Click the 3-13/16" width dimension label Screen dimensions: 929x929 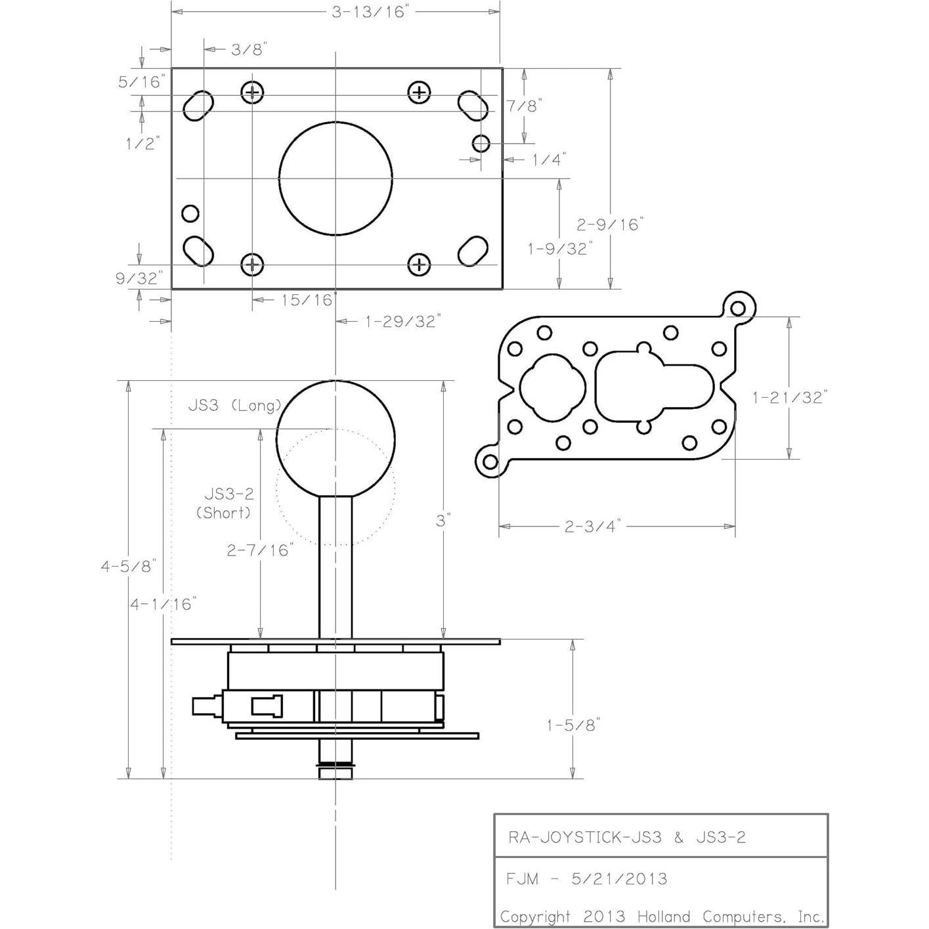[370, 12]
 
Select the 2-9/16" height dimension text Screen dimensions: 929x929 [610, 225]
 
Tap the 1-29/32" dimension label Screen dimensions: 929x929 [402, 321]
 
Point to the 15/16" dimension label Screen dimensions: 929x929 [307, 300]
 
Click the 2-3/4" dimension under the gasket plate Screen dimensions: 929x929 [592, 526]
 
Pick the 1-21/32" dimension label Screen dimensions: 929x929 [790, 397]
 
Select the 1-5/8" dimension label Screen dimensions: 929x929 [573, 725]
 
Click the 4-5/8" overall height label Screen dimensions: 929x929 [128, 566]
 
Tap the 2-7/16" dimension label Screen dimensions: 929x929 [259, 550]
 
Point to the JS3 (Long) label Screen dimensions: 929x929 [234, 405]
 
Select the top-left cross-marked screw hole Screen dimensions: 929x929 [252, 93]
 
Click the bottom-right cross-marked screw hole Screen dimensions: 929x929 [419, 265]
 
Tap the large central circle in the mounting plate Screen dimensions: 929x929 [335, 178]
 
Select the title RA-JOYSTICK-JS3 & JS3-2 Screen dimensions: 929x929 [627, 837]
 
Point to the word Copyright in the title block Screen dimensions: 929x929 [535, 917]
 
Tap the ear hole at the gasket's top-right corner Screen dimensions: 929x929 [739, 308]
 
